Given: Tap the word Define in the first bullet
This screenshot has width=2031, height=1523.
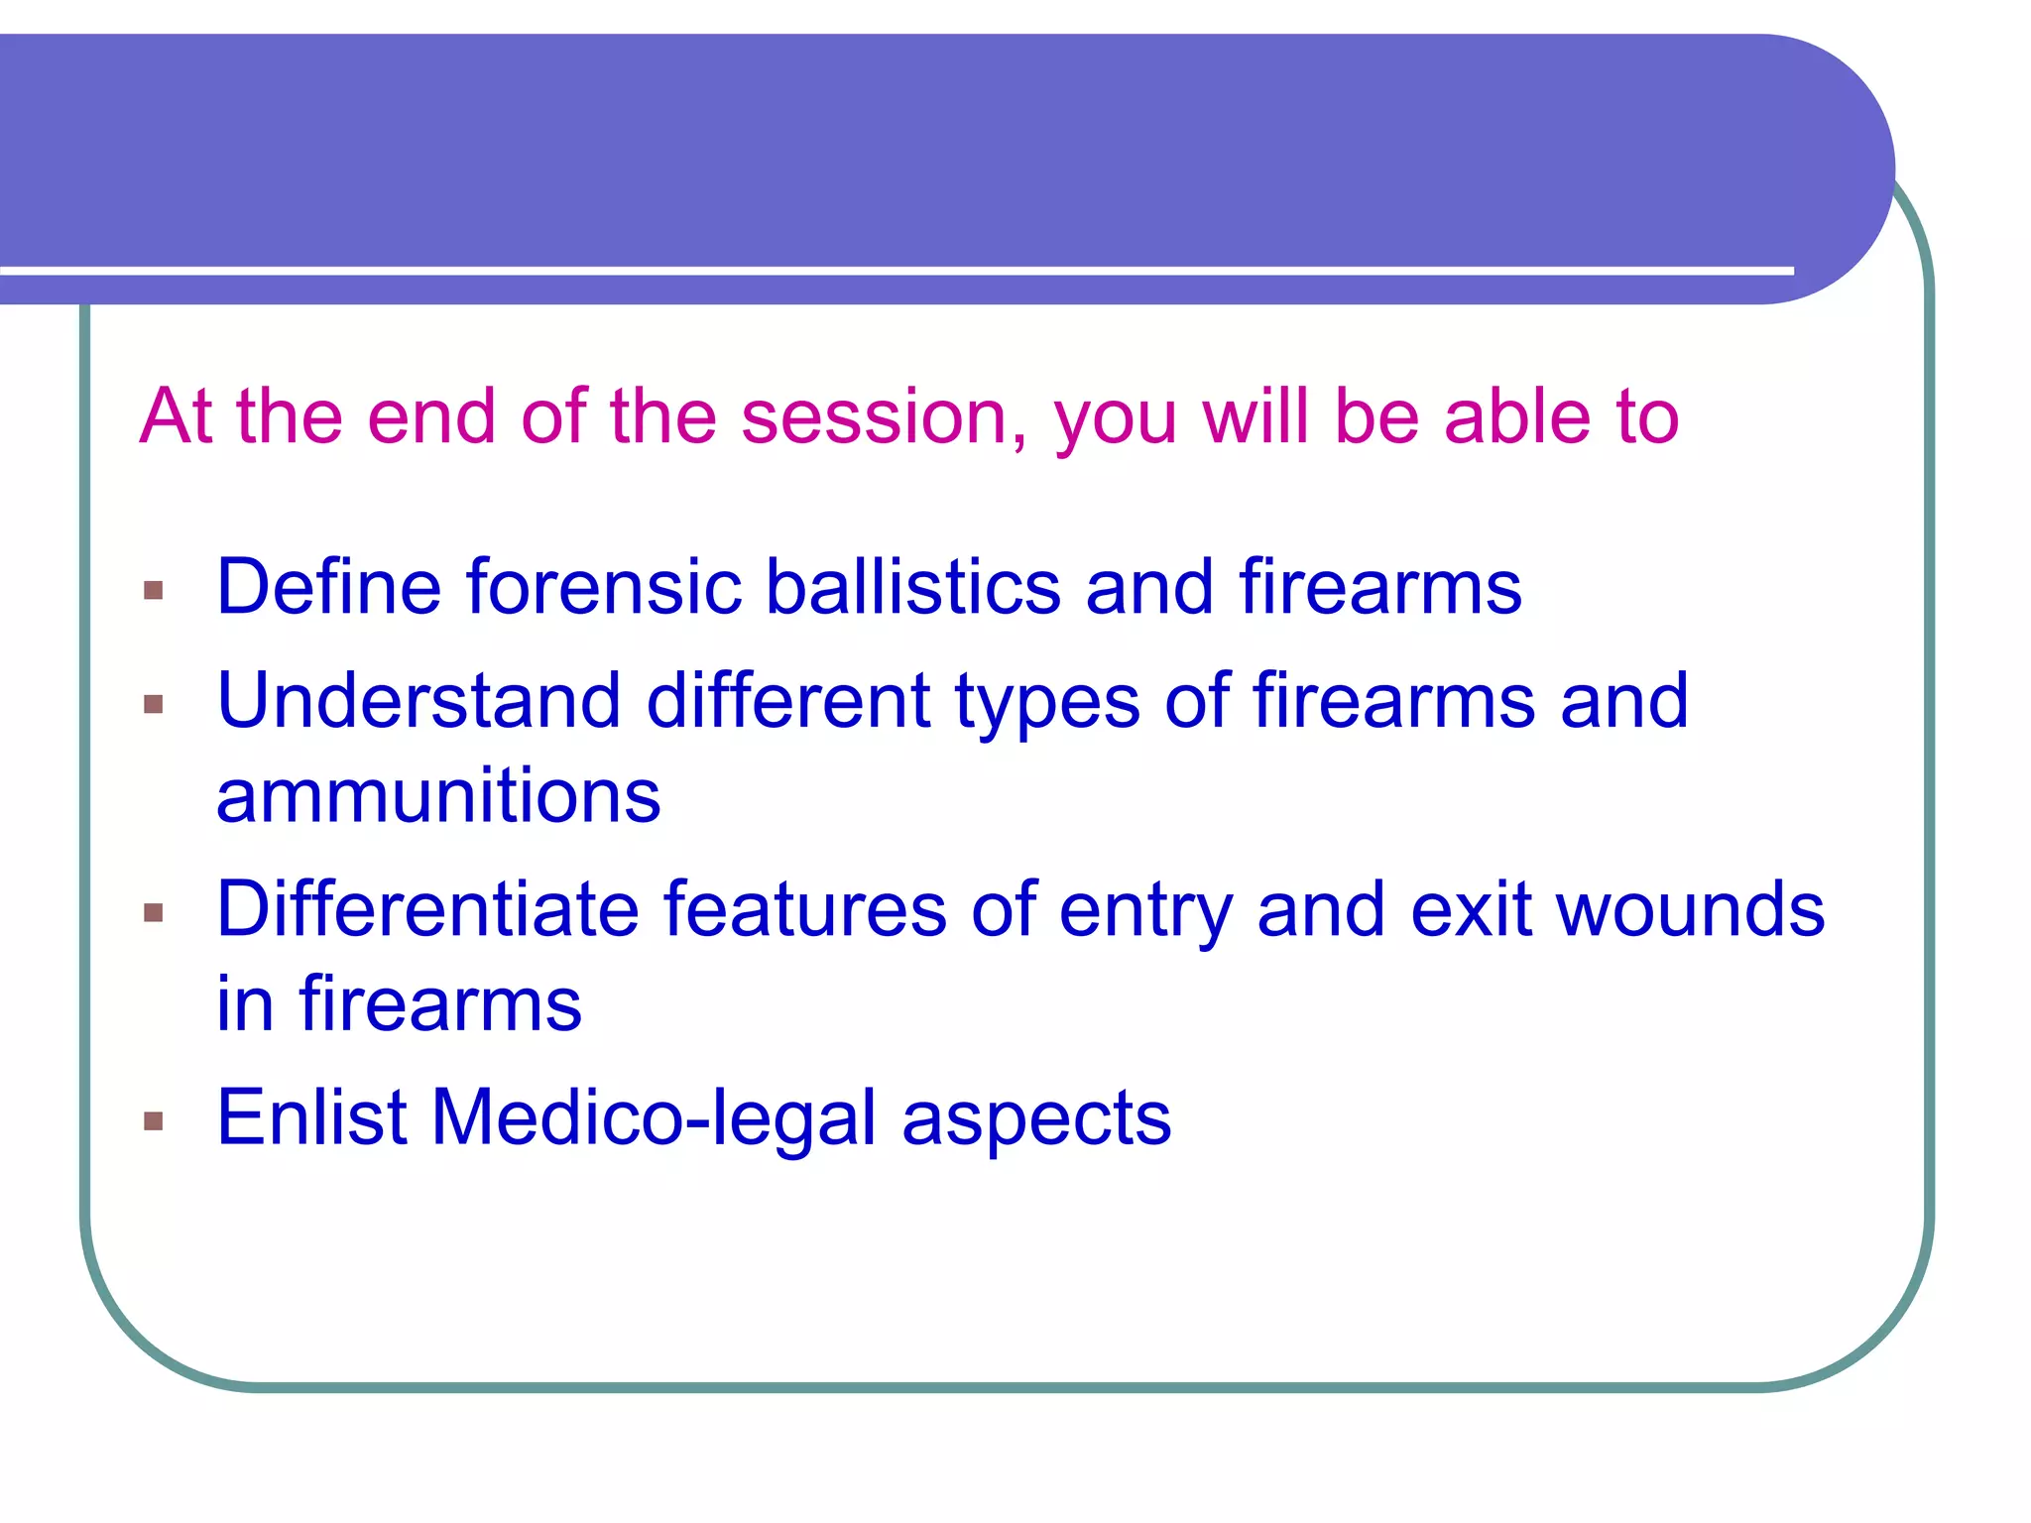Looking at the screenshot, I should (x=328, y=587).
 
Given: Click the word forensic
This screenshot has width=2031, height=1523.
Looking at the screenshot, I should (x=604, y=587).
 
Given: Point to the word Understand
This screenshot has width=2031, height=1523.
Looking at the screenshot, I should (x=418, y=701).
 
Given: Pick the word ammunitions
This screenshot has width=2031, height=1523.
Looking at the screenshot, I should (x=438, y=796).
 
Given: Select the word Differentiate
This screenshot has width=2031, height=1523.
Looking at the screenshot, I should (x=426, y=909).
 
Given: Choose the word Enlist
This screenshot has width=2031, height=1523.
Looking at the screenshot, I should (x=311, y=1117).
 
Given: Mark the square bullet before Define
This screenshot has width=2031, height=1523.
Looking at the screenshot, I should (x=153, y=591).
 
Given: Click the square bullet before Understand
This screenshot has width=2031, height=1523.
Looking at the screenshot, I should (x=153, y=704).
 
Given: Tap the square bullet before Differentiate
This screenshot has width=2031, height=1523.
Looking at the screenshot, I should (x=153, y=912).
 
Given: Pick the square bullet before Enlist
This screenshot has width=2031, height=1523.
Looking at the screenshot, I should (x=153, y=1121).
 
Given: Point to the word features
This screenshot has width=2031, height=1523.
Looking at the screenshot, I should (x=804, y=909).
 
